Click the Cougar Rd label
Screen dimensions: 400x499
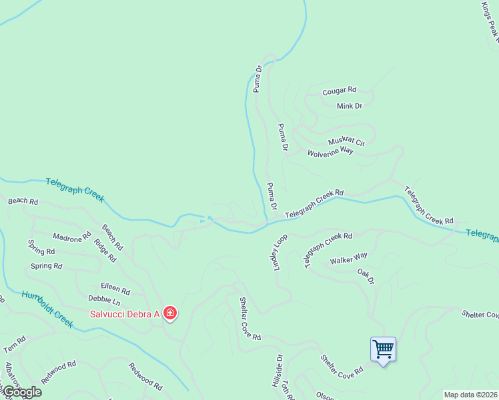339,91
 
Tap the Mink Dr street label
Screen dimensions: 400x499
349,106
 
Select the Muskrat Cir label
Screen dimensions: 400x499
346,142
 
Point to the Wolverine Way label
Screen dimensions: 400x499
330,152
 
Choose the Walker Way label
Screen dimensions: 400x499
348,257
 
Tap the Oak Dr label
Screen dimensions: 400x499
366,275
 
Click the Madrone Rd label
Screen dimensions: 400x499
71,238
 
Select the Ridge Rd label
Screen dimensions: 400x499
105,250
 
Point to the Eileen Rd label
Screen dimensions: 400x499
116,289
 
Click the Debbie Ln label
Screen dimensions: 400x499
103,301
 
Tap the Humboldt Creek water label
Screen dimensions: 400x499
46,308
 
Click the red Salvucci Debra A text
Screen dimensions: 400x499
125,313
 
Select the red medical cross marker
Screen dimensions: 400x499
170,313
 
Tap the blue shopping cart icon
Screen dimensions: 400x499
383,348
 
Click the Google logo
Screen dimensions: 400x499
21,392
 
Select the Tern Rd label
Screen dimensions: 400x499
14,344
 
